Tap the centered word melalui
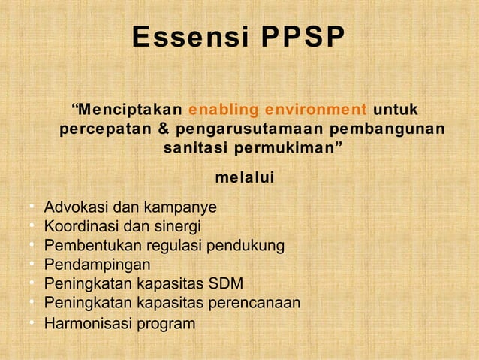point(244,178)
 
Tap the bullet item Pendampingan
point(97,265)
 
